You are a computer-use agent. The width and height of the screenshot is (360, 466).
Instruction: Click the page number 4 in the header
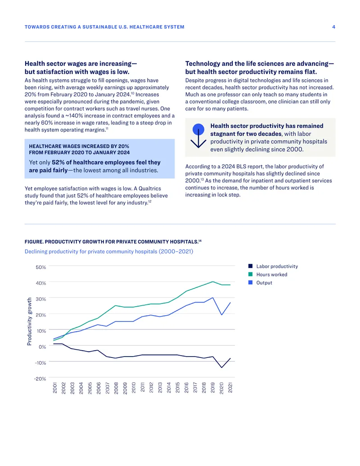coord(333,27)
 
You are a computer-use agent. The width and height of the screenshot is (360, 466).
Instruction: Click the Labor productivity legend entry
coord(273,266)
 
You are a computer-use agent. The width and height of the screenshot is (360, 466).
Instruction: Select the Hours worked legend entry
coord(268,274)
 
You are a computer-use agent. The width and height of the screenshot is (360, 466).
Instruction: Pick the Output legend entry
coord(260,283)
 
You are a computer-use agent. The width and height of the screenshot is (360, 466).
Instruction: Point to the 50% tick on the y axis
coord(41,267)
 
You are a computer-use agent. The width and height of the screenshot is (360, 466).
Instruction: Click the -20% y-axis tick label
coord(40,379)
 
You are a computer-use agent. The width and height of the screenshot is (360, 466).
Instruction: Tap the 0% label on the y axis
coord(42,347)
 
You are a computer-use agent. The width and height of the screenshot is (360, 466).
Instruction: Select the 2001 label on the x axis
coord(55,388)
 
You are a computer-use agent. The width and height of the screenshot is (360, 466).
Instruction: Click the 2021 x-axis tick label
coord(230,388)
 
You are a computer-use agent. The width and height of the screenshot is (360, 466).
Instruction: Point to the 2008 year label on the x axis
coord(116,388)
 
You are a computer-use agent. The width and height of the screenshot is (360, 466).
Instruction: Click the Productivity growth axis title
coord(29,321)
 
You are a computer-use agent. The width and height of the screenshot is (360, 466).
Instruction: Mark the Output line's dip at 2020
coord(221,315)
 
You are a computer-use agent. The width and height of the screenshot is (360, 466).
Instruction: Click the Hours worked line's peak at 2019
coord(213,281)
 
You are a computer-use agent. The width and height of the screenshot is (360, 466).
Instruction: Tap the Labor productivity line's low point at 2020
coord(221,368)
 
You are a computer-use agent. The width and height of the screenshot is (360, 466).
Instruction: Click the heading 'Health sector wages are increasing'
coord(81,63)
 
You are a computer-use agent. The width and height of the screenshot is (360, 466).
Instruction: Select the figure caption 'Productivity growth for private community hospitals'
coord(113,242)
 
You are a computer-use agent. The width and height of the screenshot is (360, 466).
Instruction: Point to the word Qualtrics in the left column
coord(150,188)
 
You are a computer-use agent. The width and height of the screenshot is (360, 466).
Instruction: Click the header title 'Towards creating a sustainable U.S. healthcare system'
coord(104,27)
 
